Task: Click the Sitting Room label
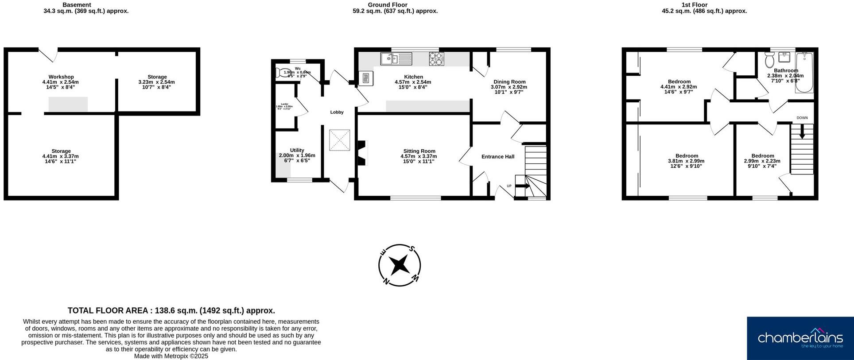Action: click(419, 151)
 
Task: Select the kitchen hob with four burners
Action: click(436, 58)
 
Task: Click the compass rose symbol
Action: click(400, 265)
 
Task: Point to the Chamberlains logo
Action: click(800, 338)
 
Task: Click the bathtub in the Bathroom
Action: click(804, 73)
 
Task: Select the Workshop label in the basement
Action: click(61, 77)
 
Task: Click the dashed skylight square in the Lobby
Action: click(339, 140)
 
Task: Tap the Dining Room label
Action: click(509, 82)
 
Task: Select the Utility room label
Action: click(297, 150)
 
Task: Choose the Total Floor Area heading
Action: click(171, 310)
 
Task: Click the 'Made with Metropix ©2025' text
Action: click(171, 356)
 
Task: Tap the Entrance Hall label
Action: click(497, 156)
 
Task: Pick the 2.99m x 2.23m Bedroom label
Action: click(762, 156)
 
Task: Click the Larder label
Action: click(284, 104)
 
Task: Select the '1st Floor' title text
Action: click(694, 5)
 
